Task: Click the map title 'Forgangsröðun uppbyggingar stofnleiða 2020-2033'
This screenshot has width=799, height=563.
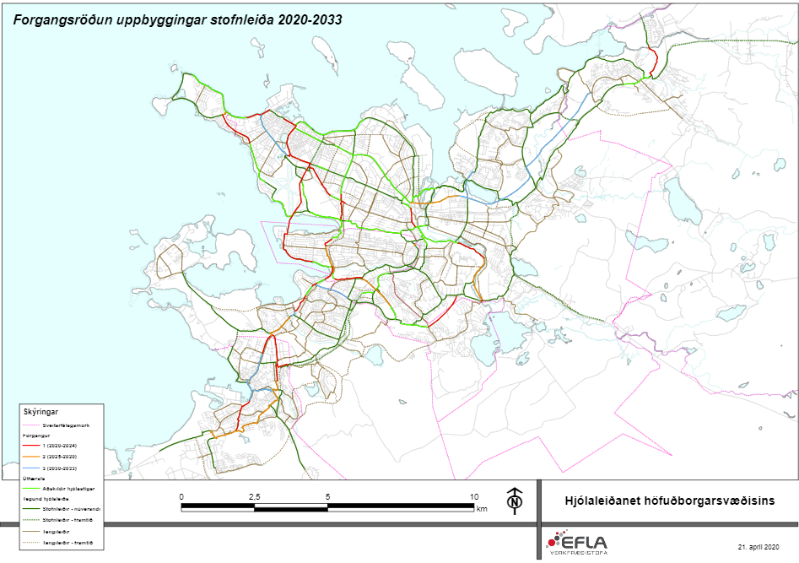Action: pyautogui.click(x=178, y=19)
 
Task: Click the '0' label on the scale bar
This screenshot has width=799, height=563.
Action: pyautogui.click(x=181, y=496)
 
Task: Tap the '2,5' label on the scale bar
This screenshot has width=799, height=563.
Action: pyautogui.click(x=253, y=496)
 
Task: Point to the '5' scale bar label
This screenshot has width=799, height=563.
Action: pyautogui.click(x=327, y=496)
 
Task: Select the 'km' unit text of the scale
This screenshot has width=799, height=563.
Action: pyautogui.click(x=482, y=509)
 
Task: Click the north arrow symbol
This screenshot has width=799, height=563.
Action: pyautogui.click(x=513, y=501)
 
